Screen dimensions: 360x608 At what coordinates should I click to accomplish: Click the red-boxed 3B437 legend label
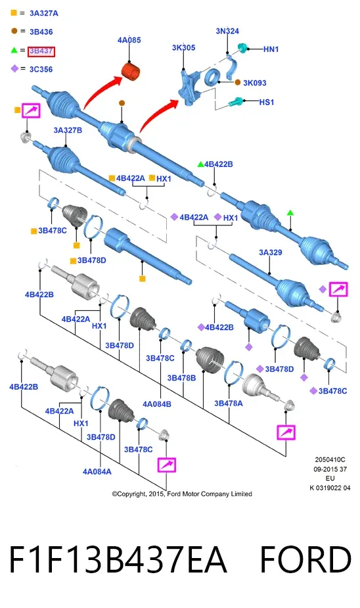point(41,51)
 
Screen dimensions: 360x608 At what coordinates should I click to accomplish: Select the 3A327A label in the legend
point(44,13)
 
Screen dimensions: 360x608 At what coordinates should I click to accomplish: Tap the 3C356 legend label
point(41,70)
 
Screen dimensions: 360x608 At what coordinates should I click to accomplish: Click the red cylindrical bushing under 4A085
point(131,72)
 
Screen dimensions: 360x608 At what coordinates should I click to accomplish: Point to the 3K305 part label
point(184,48)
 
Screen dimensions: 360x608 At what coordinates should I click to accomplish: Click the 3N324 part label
point(227,31)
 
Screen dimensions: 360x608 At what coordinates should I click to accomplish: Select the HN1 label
point(271,49)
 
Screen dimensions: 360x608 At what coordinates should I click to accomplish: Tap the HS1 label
point(267,103)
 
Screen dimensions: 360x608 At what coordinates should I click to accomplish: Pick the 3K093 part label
point(255,83)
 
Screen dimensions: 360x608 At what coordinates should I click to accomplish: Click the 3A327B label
point(68,130)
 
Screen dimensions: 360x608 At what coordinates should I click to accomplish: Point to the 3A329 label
point(271,252)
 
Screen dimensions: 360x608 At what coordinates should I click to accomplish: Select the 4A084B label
point(157,404)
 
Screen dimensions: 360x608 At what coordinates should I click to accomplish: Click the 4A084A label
point(97,472)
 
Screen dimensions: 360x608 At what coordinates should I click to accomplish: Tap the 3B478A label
point(229,404)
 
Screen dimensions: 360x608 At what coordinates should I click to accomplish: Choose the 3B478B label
point(181,378)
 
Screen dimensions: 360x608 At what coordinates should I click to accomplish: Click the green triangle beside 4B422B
point(200,164)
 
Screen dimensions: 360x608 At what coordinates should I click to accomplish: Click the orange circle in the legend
point(14,31)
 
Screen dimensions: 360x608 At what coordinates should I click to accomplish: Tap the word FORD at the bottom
point(305,559)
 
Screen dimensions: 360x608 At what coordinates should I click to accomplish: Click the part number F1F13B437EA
point(118,559)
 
